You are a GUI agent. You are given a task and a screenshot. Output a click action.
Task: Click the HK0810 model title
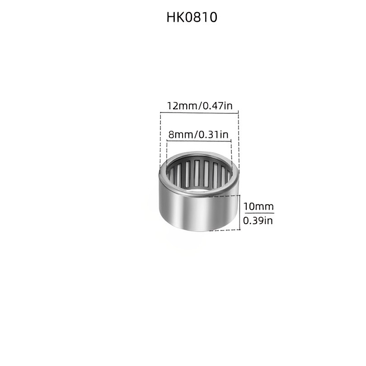192,17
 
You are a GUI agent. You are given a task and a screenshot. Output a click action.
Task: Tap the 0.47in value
217,106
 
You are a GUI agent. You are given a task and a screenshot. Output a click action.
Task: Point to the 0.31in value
213,135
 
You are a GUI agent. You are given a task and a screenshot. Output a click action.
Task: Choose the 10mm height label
258,206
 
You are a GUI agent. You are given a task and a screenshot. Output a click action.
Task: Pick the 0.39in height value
258,221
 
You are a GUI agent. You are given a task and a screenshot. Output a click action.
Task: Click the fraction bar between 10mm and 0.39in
259,213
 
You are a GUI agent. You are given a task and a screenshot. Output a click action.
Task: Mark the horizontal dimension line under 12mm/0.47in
199,113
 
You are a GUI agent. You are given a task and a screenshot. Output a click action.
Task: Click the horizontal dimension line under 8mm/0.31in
199,141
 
